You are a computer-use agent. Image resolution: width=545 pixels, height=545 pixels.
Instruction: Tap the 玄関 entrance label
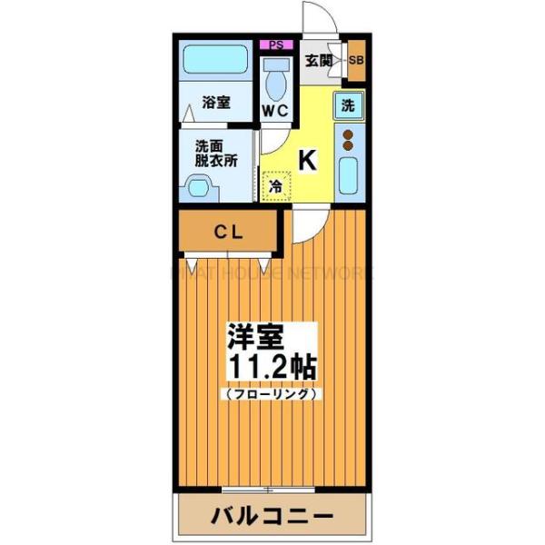pos(317,61)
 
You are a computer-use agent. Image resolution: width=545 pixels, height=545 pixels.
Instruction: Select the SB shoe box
pos(356,61)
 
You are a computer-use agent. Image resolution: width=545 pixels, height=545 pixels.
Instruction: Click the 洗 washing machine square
pos(349,104)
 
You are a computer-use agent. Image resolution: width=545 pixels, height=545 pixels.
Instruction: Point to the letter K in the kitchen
pos(308,161)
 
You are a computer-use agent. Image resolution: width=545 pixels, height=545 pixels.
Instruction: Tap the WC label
pos(275,111)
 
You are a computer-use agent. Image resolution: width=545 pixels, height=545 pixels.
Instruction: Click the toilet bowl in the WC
pos(274,82)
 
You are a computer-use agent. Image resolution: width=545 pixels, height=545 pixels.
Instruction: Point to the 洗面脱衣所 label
pos(215,153)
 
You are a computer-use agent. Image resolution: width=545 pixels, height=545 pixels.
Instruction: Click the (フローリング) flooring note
pos(270,394)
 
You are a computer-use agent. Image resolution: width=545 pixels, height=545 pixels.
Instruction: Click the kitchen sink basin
pos(349,173)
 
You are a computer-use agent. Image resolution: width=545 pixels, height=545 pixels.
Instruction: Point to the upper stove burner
pos(349,134)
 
